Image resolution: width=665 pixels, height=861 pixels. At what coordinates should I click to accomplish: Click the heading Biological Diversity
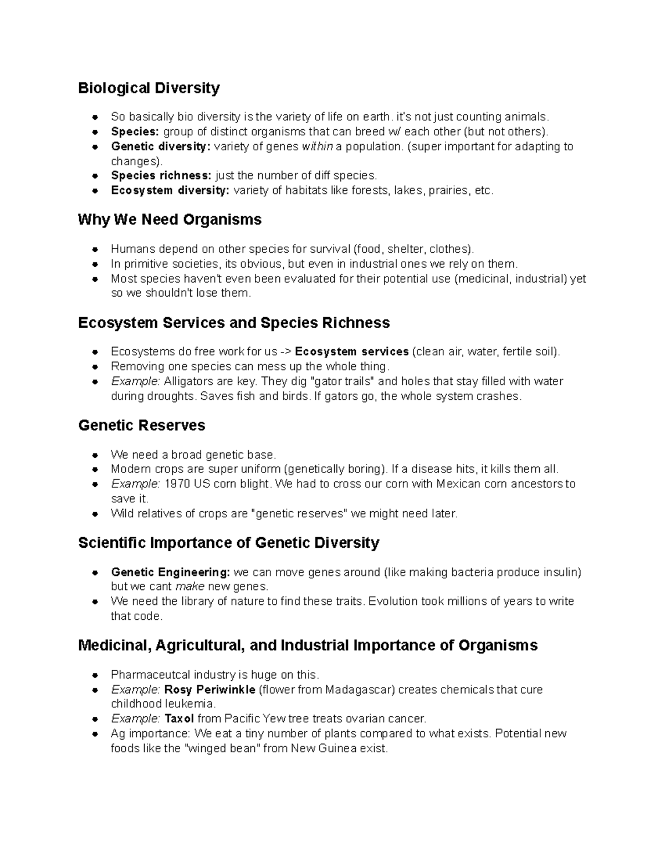click(149, 88)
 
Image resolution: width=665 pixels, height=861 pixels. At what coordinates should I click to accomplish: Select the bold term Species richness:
click(161, 176)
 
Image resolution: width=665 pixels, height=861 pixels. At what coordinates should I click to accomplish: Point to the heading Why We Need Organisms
click(170, 220)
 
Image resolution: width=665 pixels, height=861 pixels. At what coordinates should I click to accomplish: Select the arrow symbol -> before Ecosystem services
click(285, 351)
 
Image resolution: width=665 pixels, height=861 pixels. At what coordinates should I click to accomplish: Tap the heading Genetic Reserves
click(142, 425)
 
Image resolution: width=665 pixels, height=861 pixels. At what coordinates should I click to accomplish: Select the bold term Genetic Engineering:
click(170, 572)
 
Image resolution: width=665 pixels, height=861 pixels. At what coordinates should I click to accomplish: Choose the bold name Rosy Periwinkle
click(209, 690)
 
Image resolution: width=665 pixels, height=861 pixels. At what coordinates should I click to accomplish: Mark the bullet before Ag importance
click(96, 734)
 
